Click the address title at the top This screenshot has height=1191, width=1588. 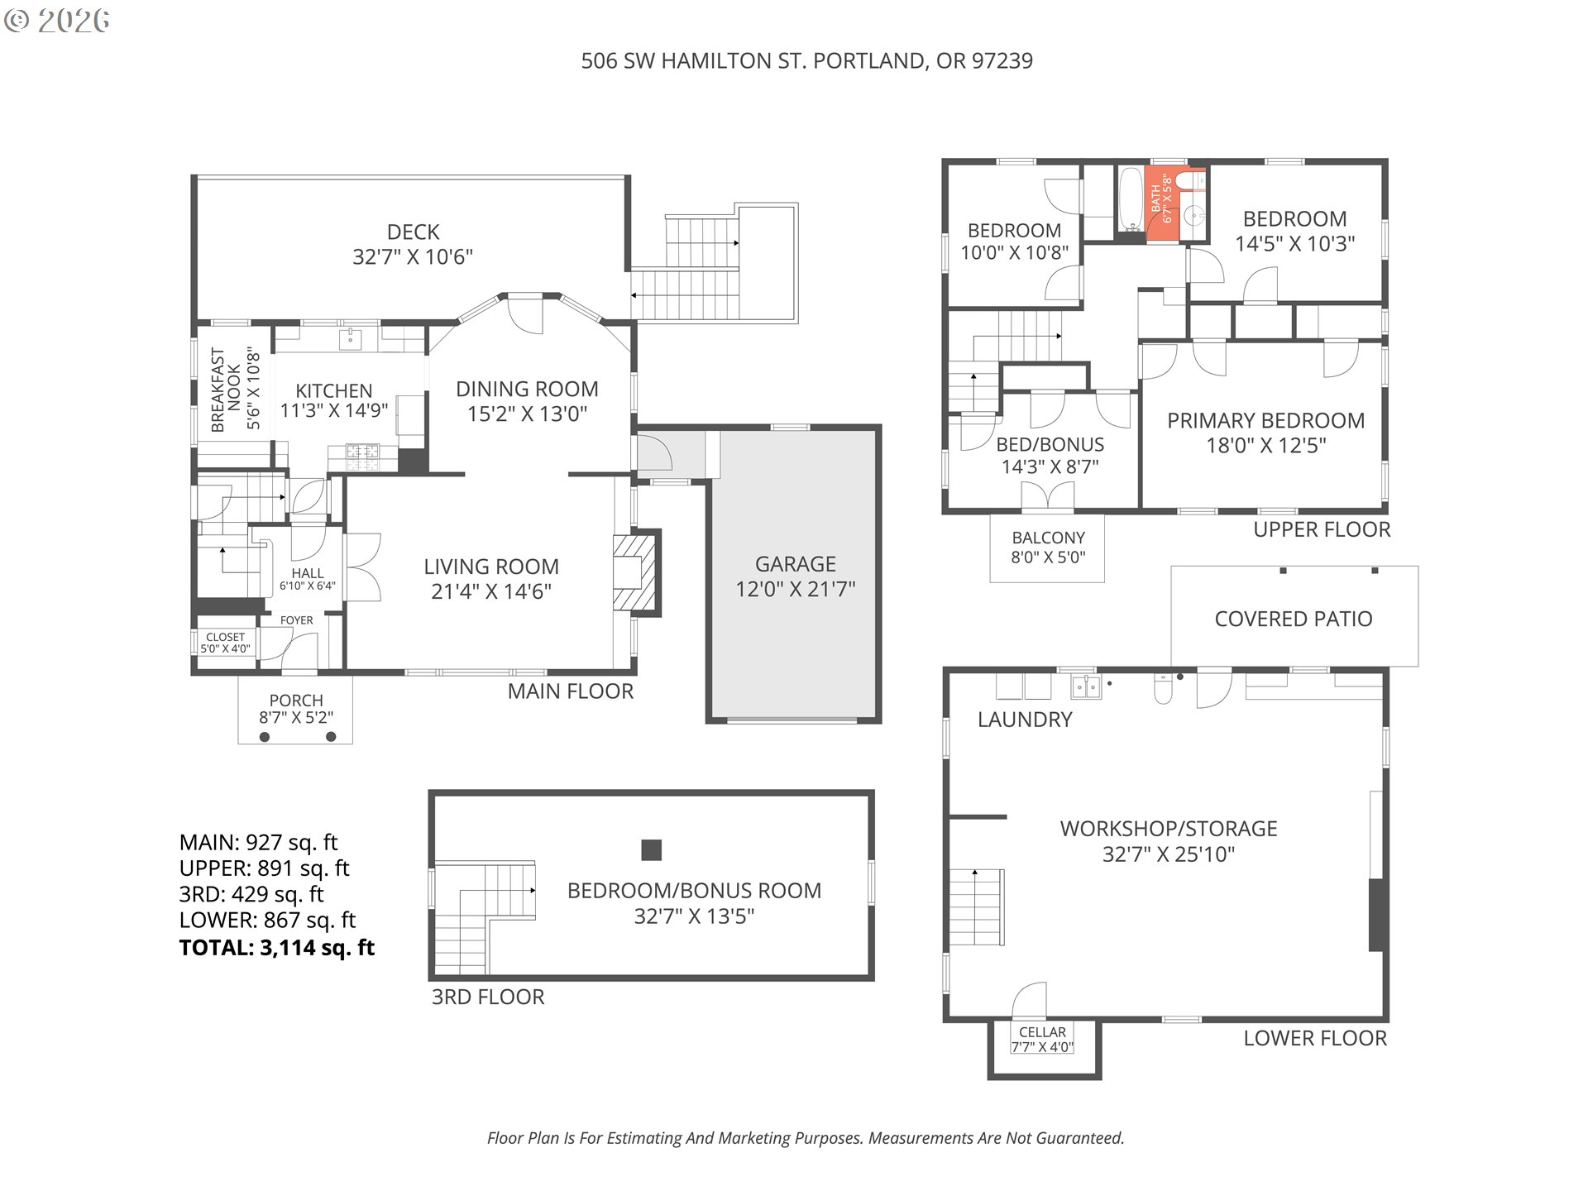coord(806,61)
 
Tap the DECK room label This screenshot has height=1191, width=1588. coord(413,232)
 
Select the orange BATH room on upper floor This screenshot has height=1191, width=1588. coord(1163,203)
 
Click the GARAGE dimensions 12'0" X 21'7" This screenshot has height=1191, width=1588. coord(795,589)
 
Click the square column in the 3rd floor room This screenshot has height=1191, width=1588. coord(652,850)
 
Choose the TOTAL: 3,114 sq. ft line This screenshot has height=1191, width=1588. coord(277,948)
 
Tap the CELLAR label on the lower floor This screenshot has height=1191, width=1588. coord(1042,1032)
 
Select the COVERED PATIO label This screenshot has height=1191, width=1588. coord(1294,619)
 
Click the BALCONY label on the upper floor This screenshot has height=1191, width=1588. coord(1048,538)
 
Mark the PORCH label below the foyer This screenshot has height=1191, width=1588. coord(296,701)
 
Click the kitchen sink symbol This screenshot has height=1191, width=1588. coord(352,337)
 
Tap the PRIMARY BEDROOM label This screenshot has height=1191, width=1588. coord(1265,420)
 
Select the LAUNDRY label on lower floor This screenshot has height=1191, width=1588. coord(1025,720)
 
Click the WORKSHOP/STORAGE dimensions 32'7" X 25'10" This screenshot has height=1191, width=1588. coord(1169,854)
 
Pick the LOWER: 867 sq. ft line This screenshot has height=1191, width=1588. coord(267,921)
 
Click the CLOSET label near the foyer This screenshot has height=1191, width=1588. coord(225,637)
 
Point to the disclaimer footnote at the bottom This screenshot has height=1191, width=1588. coord(806,1138)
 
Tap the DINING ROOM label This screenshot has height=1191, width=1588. coord(527,389)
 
